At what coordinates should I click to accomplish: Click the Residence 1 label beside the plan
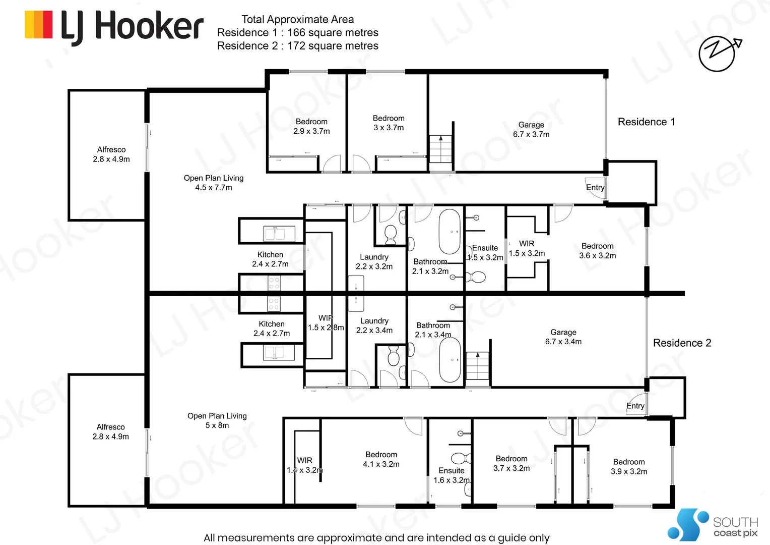pos(646,122)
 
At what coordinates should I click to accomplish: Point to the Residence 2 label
pos(682,343)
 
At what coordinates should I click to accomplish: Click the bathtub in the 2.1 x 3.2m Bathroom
pos(450,231)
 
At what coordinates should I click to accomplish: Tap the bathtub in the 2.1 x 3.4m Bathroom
pos(450,359)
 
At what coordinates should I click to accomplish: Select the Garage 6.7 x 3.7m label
pos(531,130)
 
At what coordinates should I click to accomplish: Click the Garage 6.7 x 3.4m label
pos(563,337)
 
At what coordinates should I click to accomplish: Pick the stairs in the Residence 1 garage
pos(440,149)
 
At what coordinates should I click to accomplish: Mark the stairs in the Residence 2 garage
pos(477,366)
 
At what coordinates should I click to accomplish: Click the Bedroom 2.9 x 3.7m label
pos(311,126)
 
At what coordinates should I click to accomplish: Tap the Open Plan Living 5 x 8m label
pos(217,420)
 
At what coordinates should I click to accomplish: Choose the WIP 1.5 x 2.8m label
pos(326,322)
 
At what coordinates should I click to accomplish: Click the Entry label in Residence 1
pos(595,187)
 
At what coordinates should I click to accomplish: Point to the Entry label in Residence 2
pos(635,406)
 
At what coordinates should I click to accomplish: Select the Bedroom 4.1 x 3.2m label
pos(381,459)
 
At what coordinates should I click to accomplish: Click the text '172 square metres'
pos(333,46)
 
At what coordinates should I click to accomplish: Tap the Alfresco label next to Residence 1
pos(111,154)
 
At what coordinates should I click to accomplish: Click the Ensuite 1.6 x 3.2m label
pos(452,475)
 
